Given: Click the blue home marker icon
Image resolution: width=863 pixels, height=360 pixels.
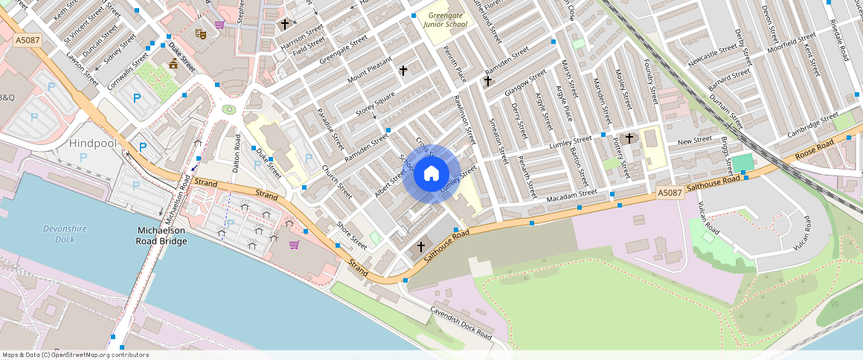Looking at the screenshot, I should [x=431, y=174].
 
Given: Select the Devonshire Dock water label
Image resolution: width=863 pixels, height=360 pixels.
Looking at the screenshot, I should [x=60, y=234].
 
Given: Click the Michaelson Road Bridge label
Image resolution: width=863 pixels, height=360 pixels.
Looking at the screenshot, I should [x=161, y=236].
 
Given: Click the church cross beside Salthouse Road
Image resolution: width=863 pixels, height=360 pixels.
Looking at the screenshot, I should [x=420, y=246].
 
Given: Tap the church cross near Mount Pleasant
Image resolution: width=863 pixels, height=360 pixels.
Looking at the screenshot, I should [x=403, y=71].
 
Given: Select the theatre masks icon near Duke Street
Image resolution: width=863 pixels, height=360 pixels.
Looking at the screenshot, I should [x=200, y=33].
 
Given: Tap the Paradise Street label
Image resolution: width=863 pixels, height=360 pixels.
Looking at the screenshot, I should [x=331, y=128].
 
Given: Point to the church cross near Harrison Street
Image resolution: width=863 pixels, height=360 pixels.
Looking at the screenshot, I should [x=284, y=25].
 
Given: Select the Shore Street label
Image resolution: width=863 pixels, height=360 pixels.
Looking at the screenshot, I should [x=352, y=235].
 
